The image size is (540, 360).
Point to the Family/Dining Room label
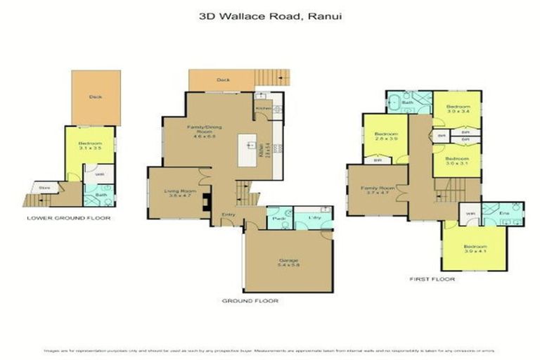tap(199, 130)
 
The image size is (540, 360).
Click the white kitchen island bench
tap(249, 148)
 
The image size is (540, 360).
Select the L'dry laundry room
tap(310, 219)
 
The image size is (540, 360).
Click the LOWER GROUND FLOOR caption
tap(68, 218)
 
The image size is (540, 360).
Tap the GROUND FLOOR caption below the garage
tap(250, 301)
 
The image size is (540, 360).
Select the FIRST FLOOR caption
tap(428, 279)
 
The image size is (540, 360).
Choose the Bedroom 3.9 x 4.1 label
tap(474, 250)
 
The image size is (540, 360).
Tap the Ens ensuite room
tap(503, 212)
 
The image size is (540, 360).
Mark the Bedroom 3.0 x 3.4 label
tap(457, 108)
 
